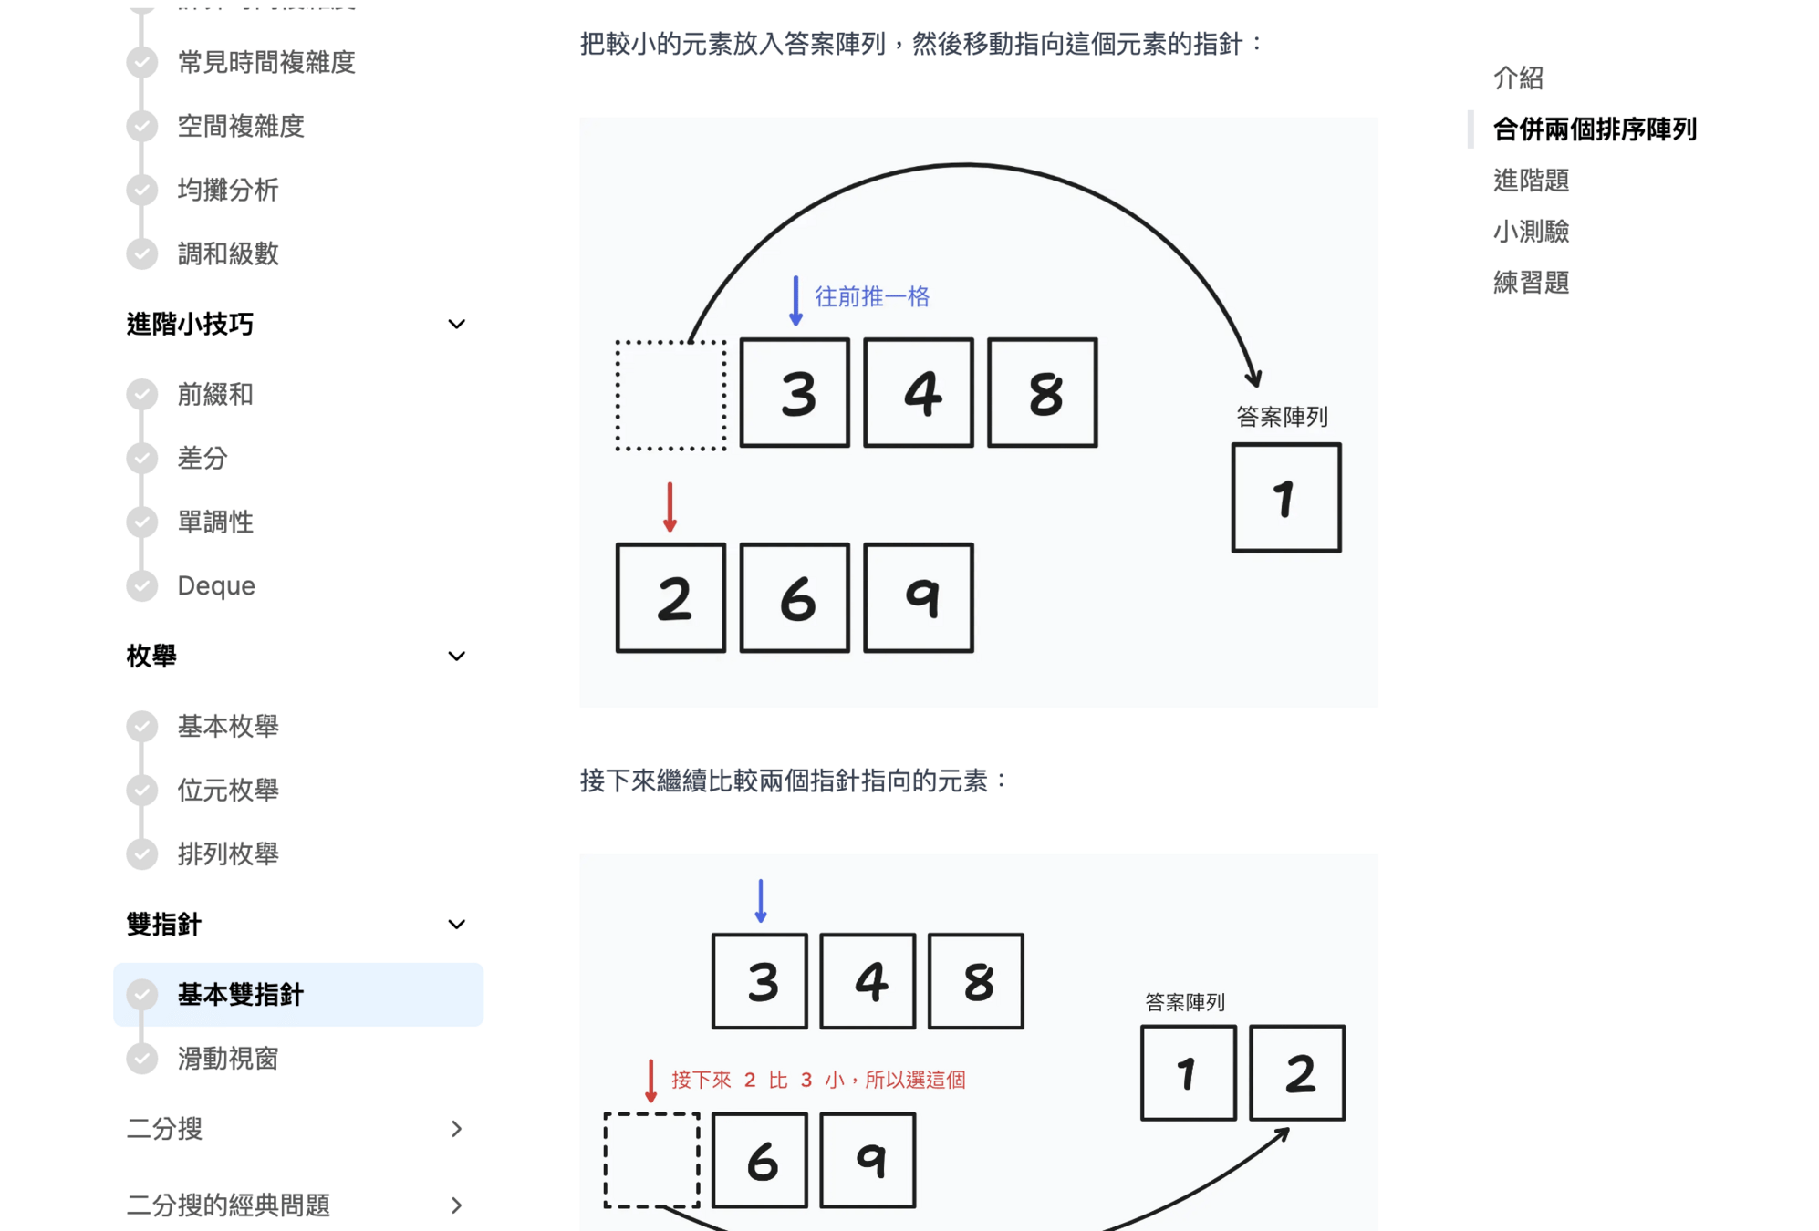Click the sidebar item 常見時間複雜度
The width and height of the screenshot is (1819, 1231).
pos(265,62)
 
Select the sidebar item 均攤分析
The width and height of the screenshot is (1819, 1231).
pos(227,190)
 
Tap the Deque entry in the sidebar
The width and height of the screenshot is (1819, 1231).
pos(216,585)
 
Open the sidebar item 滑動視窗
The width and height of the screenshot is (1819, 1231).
pos(227,1059)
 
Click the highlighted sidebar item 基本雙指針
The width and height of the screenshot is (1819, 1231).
pos(241,994)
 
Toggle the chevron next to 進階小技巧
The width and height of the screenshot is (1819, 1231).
pos(457,324)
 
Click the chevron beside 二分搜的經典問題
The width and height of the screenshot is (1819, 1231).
pos(457,1205)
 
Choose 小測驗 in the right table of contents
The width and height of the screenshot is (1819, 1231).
pos(1531,232)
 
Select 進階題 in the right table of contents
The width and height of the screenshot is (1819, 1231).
pos(1531,181)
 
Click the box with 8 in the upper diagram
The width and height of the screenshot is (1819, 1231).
pos(1043,393)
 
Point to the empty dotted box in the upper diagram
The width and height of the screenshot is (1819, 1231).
pos(670,396)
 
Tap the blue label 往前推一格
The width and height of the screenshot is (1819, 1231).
pos(871,297)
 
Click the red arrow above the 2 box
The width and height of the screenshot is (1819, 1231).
pos(670,507)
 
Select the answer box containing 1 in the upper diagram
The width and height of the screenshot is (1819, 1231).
pos(1286,498)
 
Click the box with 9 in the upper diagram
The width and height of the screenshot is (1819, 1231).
pos(919,598)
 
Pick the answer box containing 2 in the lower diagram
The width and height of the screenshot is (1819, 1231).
pos(1297,1073)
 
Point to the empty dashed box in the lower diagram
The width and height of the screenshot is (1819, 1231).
pos(651,1160)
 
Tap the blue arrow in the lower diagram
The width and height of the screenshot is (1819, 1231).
pos(761,901)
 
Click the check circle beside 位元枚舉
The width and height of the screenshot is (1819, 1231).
pos(141,790)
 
